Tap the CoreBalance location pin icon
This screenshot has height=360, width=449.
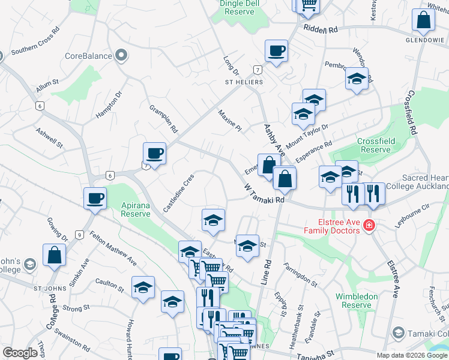coord(122,56)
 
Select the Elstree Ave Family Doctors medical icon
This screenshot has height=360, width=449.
coord(369,226)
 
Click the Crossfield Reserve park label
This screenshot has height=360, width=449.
coord(376,145)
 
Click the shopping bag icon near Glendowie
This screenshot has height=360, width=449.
coord(423,21)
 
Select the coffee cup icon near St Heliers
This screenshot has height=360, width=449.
coord(276,51)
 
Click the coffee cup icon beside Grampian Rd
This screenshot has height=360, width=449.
coord(154,154)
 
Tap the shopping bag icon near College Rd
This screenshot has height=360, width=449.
coord(55,255)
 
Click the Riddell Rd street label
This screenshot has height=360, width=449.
coord(321,29)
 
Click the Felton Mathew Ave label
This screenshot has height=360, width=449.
coord(113,249)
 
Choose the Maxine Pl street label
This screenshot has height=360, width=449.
coord(229,121)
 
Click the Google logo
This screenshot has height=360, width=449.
coord(20,353)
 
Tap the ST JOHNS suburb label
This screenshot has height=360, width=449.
coord(46,288)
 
